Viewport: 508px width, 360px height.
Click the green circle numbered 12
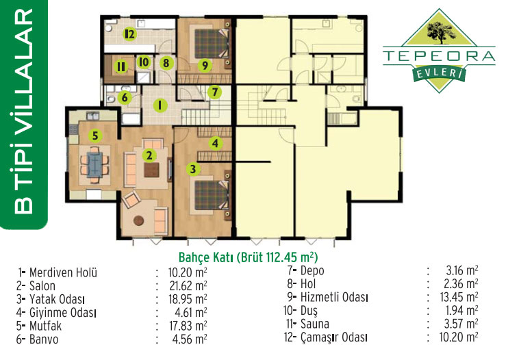click(x=129, y=34)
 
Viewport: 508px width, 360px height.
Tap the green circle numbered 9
click(x=205, y=66)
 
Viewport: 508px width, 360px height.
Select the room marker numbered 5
click(x=95, y=136)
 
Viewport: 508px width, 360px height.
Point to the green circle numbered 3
click(x=193, y=168)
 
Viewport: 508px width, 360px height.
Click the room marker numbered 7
click(x=214, y=92)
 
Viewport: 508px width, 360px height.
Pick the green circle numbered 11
click(x=121, y=67)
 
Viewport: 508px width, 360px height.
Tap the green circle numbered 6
click(x=125, y=97)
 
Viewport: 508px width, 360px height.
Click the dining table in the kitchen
click(x=95, y=164)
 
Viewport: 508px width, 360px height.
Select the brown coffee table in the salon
click(x=151, y=170)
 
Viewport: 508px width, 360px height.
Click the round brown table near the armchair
click(x=139, y=220)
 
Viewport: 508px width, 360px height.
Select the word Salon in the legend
click(x=42, y=286)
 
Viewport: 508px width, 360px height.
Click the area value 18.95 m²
click(x=188, y=299)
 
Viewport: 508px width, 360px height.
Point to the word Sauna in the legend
click(x=314, y=324)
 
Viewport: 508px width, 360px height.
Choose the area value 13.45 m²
click(x=459, y=297)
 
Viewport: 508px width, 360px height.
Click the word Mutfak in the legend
click(x=45, y=326)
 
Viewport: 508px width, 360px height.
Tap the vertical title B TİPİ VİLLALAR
click(x=23, y=112)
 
